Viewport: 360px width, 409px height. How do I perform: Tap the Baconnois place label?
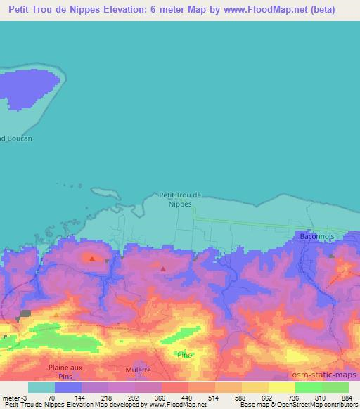319,237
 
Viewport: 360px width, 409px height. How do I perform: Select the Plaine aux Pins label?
66,371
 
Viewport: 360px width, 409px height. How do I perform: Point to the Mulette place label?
138,370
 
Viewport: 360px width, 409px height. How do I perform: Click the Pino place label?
185,355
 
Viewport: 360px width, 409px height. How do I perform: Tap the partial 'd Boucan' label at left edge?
16,138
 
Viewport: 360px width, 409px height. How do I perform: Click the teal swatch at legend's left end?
41,388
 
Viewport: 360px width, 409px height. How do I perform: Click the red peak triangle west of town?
91,259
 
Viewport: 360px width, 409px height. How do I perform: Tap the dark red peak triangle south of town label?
163,268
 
